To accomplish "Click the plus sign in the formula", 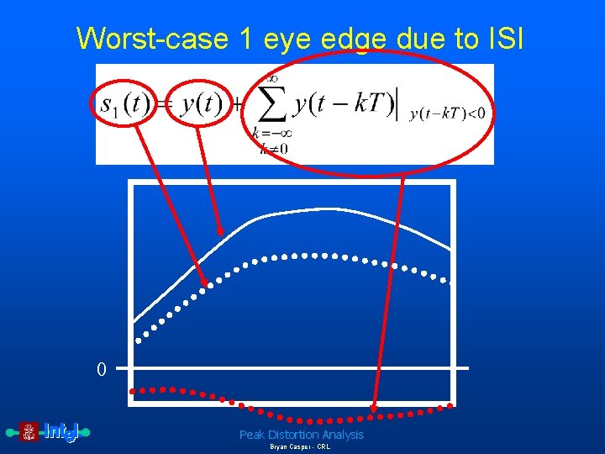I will tap(238, 104).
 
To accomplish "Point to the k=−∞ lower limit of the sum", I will tap(272, 133).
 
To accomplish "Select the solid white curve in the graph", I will tap(302, 210).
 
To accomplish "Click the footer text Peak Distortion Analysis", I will tap(301, 435).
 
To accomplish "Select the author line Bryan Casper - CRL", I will tap(300, 447).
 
